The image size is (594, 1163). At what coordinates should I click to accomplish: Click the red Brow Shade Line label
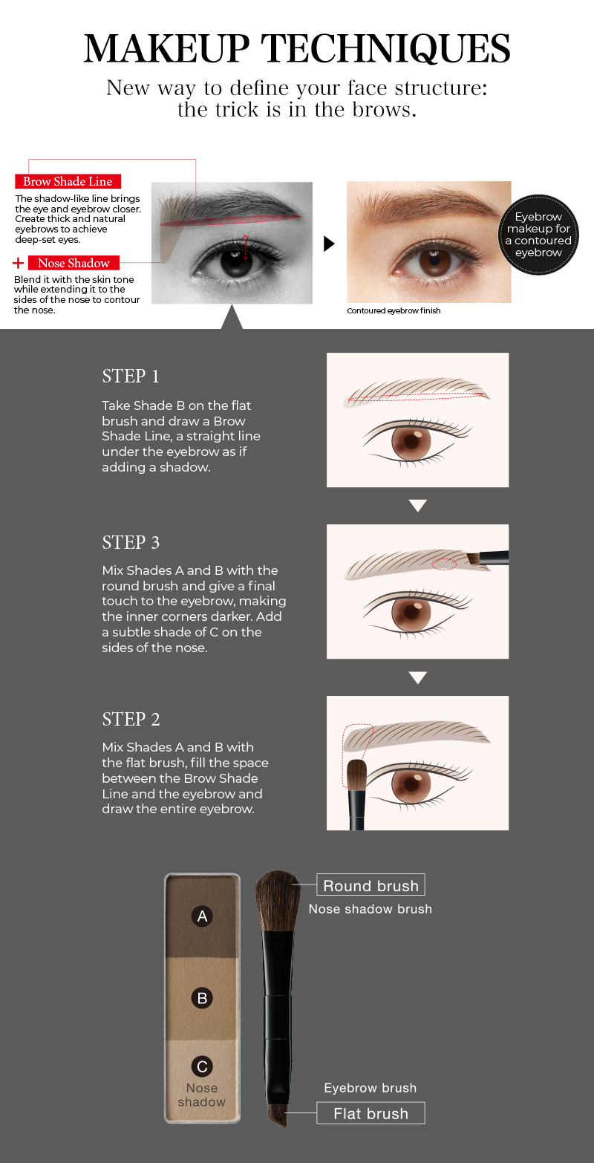tap(68, 181)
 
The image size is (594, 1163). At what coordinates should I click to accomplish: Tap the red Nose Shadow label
tap(74, 263)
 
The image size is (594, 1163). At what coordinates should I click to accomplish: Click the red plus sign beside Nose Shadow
tap(18, 263)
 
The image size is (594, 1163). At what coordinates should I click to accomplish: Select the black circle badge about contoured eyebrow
tap(538, 234)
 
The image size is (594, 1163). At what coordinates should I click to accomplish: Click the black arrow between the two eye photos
tap(329, 244)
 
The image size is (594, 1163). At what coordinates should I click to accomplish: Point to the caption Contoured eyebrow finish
tap(394, 310)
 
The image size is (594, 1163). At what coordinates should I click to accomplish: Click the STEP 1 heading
tap(131, 376)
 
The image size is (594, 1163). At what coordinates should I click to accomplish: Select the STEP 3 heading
tap(131, 542)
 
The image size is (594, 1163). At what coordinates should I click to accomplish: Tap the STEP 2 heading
tap(131, 719)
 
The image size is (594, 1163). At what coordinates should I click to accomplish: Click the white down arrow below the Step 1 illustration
tap(418, 505)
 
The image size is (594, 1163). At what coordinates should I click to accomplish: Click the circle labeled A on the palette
tap(202, 916)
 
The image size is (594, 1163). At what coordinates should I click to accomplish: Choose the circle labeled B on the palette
tap(202, 998)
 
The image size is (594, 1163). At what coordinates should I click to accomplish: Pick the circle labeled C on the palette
tap(202, 1066)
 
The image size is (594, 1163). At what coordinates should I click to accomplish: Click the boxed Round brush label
tap(371, 885)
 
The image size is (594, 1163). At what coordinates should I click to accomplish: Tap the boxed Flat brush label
tap(371, 1113)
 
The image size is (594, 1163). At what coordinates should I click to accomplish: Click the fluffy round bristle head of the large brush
tap(278, 901)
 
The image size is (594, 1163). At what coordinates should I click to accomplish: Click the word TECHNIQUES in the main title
tap(385, 49)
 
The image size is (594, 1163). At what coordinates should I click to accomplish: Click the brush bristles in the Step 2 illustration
tap(356, 775)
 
